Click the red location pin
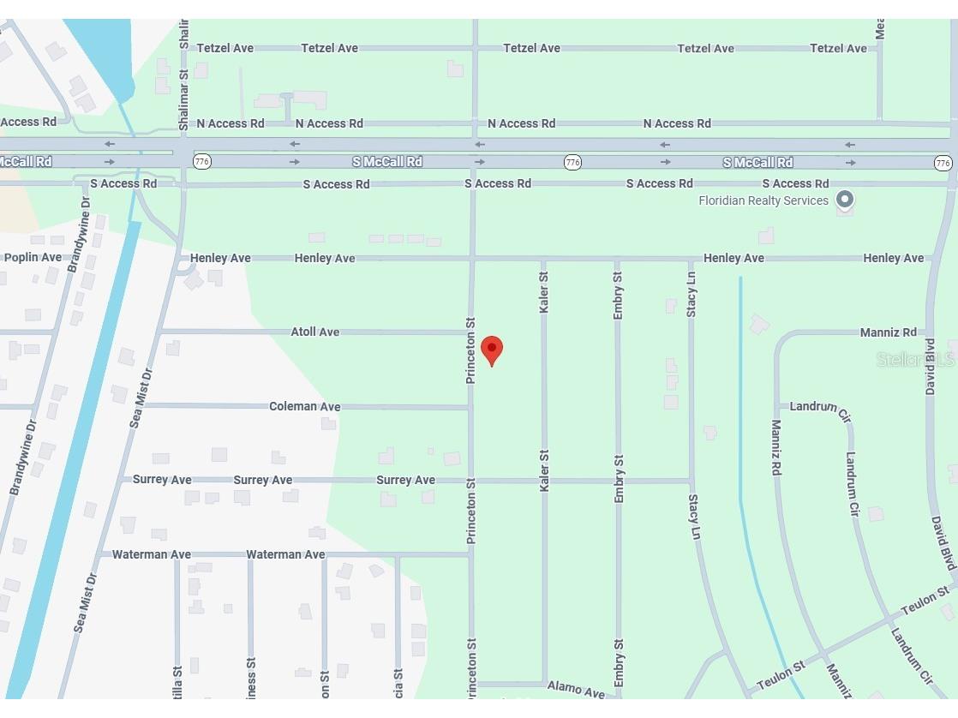(492, 350)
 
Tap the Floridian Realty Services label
(763, 200)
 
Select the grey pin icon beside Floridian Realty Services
(845, 200)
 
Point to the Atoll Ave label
(315, 332)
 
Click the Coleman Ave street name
(305, 406)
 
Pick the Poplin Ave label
(33, 257)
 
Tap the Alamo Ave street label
(576, 690)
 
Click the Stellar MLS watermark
(915, 360)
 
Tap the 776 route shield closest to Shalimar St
(202, 161)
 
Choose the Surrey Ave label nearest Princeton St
(406, 480)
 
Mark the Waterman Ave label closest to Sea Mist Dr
(152, 554)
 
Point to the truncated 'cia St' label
(398, 684)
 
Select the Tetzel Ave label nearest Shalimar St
(225, 48)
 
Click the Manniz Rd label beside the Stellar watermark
(889, 332)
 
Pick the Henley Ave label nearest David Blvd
(894, 258)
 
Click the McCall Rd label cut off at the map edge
(26, 161)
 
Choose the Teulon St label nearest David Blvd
(925, 600)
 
